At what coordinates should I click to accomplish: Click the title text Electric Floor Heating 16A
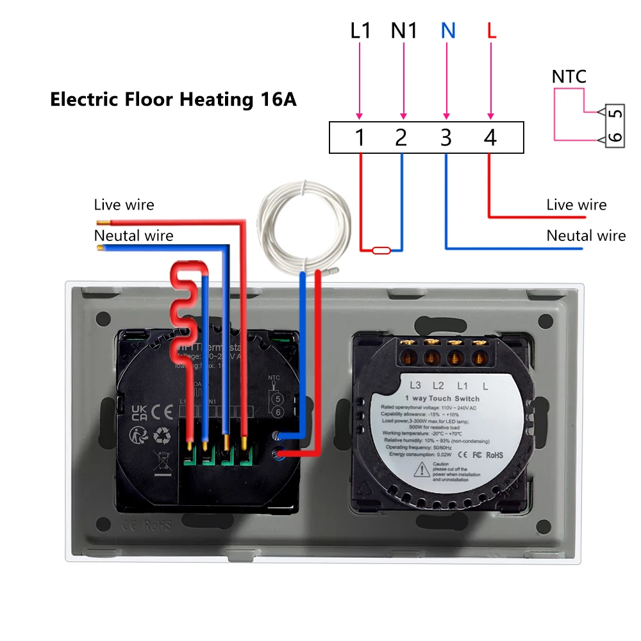point(173,100)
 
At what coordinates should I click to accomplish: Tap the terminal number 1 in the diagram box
point(360,137)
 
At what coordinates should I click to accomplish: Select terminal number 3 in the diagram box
point(446,137)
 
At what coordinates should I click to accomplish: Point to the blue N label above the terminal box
point(448,31)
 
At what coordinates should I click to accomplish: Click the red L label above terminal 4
point(492,31)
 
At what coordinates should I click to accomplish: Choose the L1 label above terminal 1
point(360,31)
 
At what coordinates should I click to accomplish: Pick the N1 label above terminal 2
point(404,31)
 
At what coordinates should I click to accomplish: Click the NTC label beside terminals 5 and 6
point(569,78)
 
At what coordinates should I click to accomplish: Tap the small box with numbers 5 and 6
point(614,126)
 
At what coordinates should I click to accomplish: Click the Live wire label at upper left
point(124,205)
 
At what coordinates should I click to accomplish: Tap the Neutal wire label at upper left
point(133,236)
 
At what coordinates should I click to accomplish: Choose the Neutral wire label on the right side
point(586,236)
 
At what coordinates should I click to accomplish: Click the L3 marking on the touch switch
point(415,385)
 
